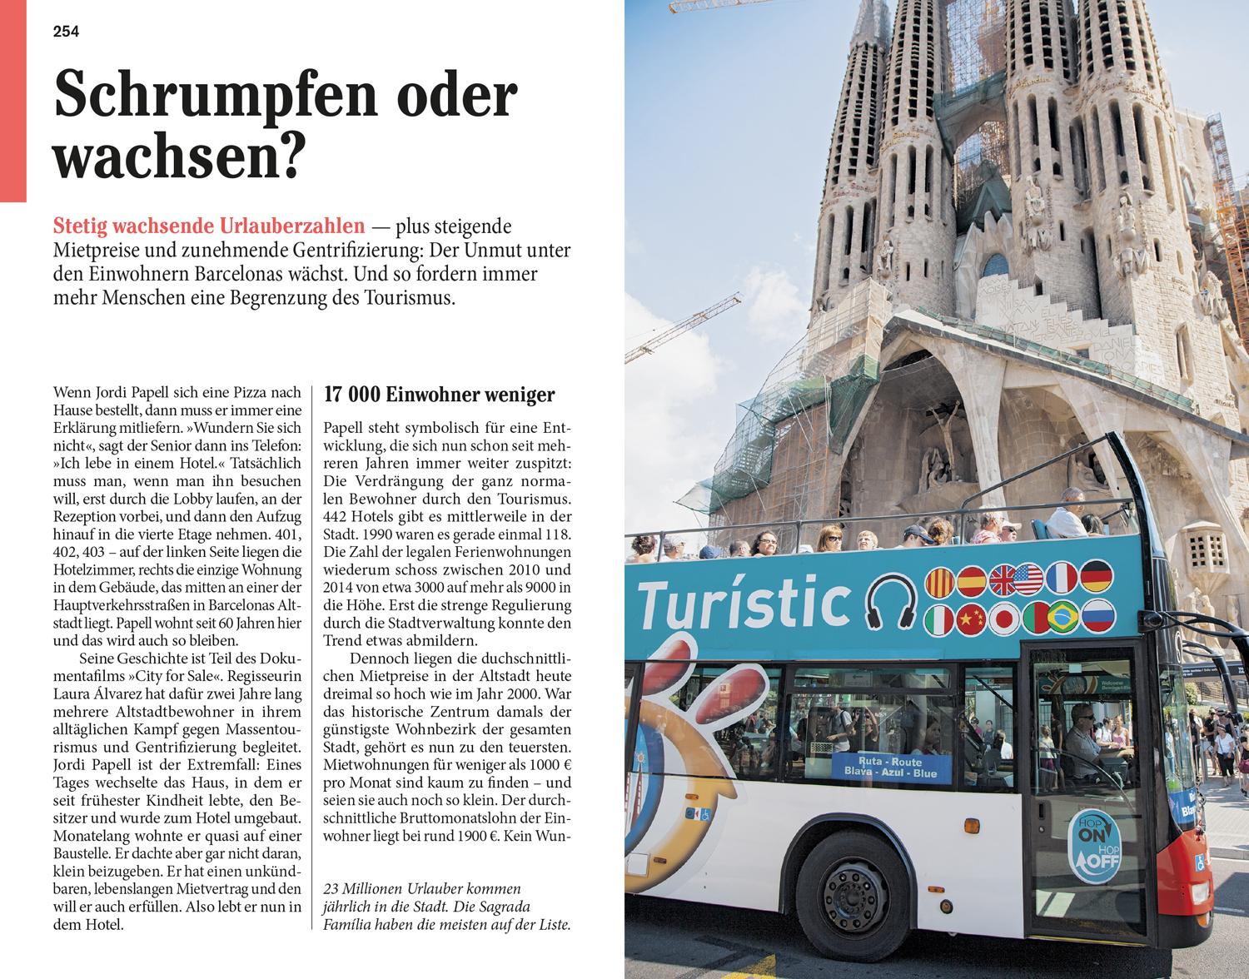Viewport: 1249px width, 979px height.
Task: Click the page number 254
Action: tap(66, 32)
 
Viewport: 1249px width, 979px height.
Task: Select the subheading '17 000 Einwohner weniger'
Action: tap(439, 395)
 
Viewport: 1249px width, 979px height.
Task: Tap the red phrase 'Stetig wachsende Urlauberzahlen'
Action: tap(209, 226)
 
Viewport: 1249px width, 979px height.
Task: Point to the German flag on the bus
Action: tap(1097, 577)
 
